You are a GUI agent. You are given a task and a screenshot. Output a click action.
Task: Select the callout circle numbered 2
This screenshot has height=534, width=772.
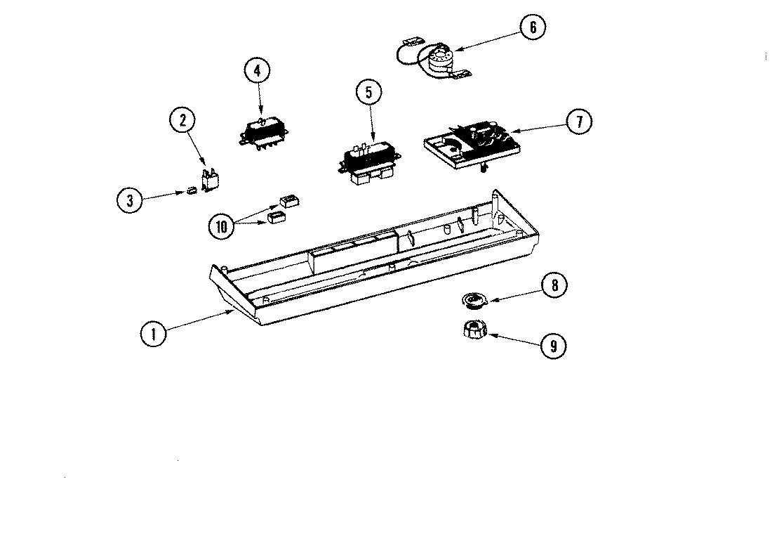pos(182,120)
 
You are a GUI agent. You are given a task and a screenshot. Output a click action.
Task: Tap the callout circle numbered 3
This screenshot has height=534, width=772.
pos(129,200)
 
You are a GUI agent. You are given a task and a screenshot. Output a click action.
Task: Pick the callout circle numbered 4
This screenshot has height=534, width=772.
pos(257,70)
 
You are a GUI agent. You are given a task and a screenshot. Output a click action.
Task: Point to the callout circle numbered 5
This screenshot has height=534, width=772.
pos(368,91)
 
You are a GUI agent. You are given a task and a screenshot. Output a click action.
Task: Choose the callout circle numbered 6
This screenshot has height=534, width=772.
pos(533,27)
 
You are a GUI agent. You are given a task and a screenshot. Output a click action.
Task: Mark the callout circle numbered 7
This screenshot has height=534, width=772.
pos(579,122)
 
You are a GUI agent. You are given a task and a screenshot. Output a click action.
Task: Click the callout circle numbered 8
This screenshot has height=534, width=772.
pos(554,286)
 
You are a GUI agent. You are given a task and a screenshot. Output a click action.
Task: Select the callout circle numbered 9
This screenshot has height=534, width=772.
pos(554,346)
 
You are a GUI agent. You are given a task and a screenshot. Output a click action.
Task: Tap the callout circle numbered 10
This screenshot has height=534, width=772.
pos(222,226)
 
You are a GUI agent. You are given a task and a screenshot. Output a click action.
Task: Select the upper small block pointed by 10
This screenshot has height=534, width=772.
pos(288,202)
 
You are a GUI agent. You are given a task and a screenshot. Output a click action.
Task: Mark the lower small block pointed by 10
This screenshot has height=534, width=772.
pos(275,218)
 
